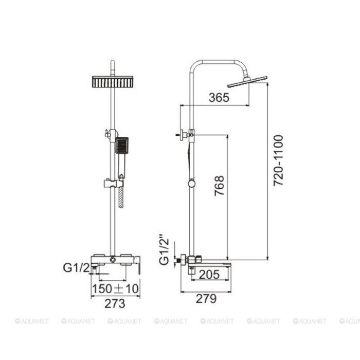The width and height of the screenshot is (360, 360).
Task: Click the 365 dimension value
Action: pyautogui.click(x=219, y=98)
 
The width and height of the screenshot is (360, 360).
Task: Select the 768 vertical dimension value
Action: pyautogui.click(x=219, y=186)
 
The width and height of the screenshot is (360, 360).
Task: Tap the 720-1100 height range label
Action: pyautogui.click(x=279, y=160)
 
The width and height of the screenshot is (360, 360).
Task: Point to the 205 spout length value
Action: pyautogui.click(x=209, y=274)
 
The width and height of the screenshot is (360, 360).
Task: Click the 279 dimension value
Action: pyautogui.click(x=206, y=299)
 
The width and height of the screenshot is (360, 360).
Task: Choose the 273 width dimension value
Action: pyautogui.click(x=115, y=303)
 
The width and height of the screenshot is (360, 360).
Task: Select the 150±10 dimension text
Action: pyautogui.click(x=116, y=289)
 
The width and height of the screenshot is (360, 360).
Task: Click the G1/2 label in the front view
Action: pyautogui.click(x=76, y=268)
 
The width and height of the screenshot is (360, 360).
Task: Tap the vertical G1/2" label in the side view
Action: pyautogui.click(x=165, y=252)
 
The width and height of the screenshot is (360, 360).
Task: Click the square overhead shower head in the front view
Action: pyautogui.click(x=113, y=82)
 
